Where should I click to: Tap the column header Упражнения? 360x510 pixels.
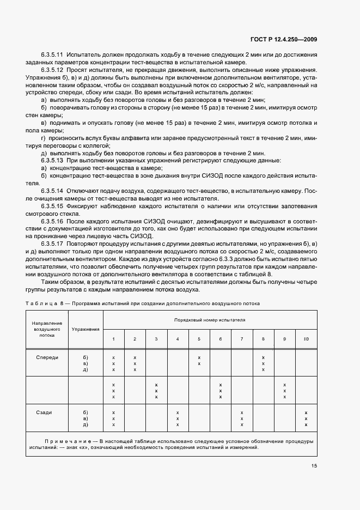85,329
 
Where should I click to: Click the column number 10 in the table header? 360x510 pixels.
306,339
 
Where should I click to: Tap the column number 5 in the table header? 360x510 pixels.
199,339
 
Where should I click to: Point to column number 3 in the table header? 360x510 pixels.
156,339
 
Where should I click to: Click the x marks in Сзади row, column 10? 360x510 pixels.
306,418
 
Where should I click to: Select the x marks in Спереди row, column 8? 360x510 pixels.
263,363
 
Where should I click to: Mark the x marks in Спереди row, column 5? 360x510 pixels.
199,361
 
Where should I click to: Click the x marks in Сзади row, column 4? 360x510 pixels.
178,418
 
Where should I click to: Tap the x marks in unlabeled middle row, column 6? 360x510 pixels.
220,391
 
